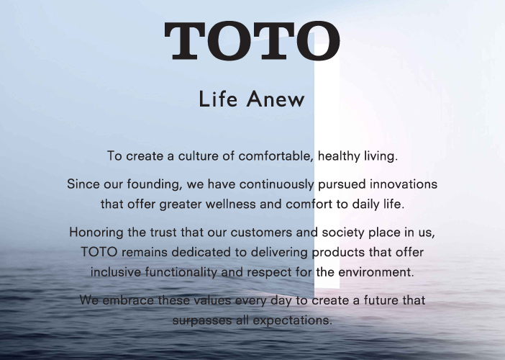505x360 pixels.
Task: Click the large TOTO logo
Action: (252, 41)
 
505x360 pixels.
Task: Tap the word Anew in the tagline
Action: (276, 99)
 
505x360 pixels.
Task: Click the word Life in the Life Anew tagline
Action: (218, 99)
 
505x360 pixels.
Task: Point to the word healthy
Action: (339, 156)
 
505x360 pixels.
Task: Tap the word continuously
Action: (276, 184)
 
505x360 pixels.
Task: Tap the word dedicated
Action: (201, 252)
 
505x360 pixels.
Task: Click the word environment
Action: (376, 272)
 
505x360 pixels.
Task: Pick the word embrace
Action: (128, 300)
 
